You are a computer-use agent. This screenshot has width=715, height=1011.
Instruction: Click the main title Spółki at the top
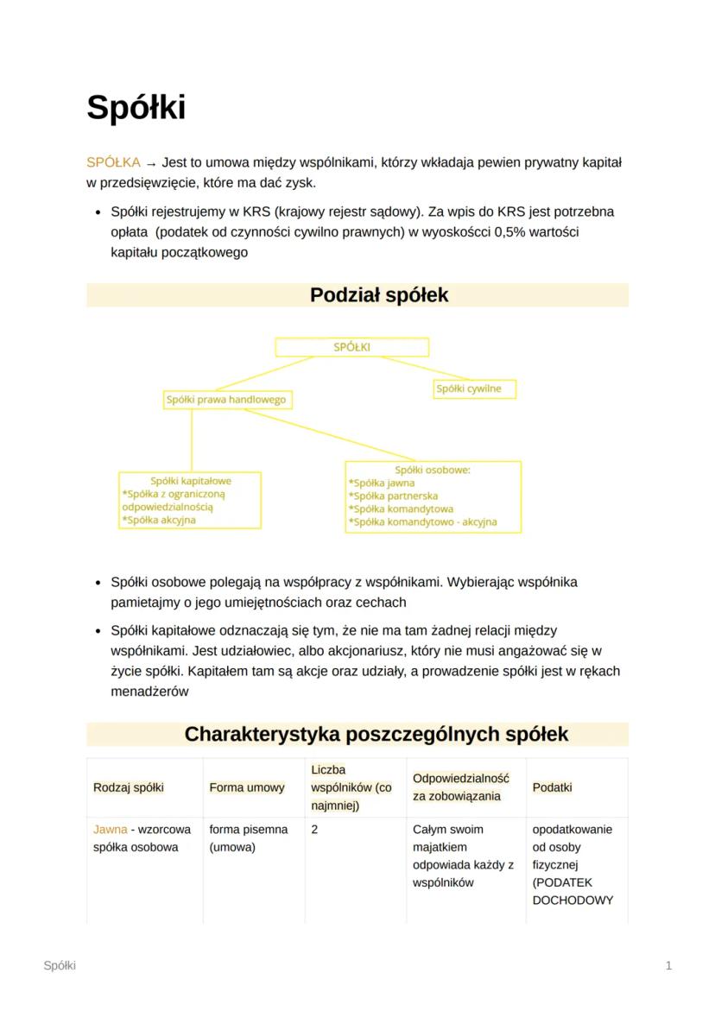coord(136,108)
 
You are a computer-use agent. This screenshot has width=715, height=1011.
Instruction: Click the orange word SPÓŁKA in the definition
coord(113,162)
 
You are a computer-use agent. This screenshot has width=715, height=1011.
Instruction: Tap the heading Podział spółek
coord(379,295)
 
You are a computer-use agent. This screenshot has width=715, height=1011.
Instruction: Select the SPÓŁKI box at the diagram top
coord(351,347)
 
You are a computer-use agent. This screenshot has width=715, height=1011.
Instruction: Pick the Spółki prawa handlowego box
coord(226,400)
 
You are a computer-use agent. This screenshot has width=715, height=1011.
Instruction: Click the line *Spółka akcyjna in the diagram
coord(159,521)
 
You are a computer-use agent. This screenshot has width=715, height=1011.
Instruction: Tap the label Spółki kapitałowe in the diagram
coord(191,481)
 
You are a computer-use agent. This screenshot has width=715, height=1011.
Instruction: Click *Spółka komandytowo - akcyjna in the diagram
coord(422,522)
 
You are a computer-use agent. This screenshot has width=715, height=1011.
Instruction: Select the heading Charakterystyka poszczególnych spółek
coord(376,735)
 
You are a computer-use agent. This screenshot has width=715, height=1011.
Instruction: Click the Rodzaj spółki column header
coord(128,787)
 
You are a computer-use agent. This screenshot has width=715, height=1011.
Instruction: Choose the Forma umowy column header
coord(246,787)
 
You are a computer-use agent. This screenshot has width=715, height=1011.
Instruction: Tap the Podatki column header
coord(552,787)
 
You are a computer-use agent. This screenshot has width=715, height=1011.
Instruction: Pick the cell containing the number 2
coord(314,830)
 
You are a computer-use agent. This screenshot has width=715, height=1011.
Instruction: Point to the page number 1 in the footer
coord(668,965)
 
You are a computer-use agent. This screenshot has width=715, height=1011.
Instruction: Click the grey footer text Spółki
coord(60,965)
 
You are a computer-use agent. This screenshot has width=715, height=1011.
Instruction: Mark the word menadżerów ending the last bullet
coord(149,692)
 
